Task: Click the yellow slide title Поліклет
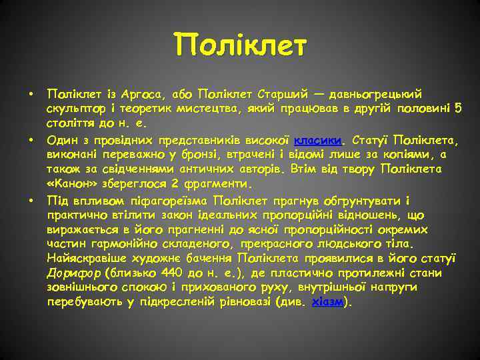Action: coord(241,46)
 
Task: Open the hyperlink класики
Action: coord(317,139)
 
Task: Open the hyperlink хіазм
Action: coord(328,303)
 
